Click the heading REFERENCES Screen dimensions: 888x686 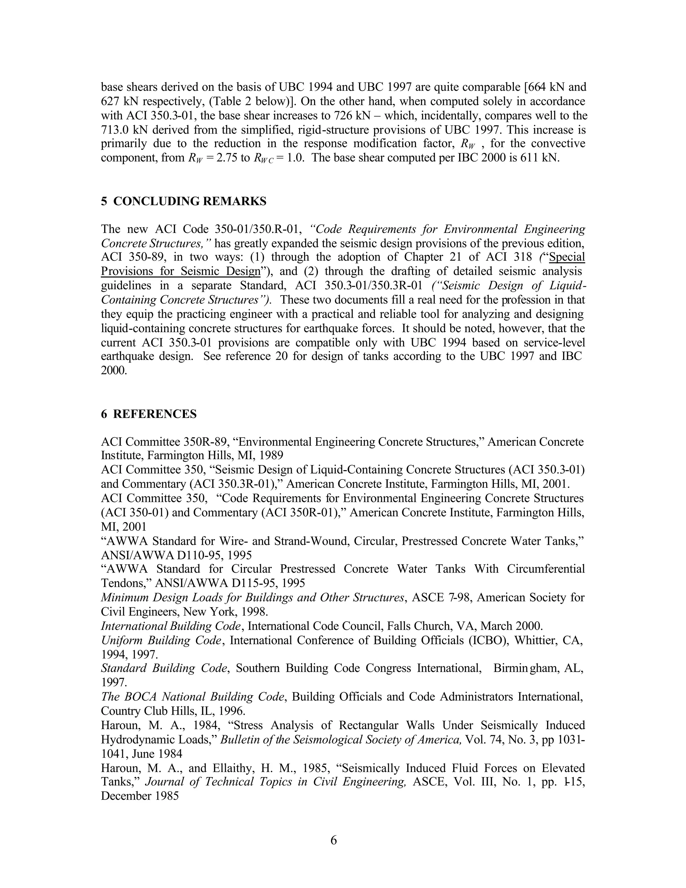click(x=154, y=414)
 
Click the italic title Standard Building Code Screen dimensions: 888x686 click(x=164, y=669)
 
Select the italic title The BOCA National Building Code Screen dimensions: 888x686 click(x=193, y=697)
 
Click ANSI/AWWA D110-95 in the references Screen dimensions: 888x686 click(x=160, y=555)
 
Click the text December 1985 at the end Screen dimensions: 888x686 click(x=139, y=796)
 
